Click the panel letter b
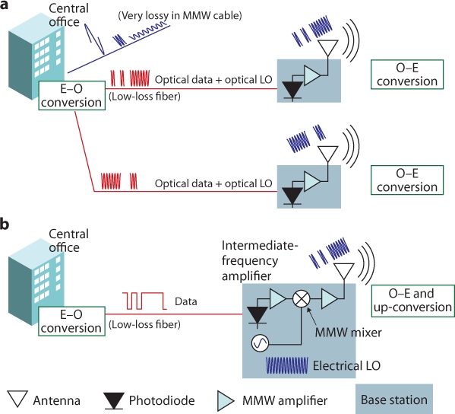tap(5, 225)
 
